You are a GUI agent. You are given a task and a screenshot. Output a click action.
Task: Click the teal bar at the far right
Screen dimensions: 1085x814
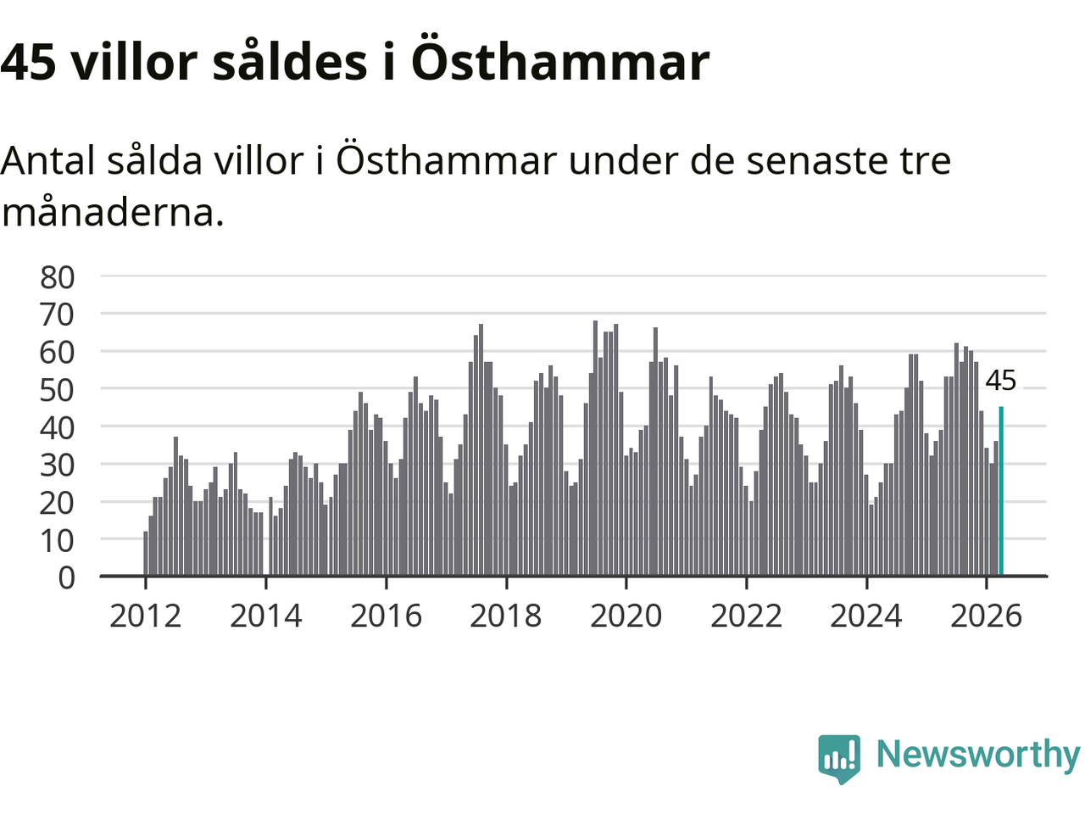[1001, 491]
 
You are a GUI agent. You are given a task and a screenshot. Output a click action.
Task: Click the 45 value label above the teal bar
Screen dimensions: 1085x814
[1000, 381]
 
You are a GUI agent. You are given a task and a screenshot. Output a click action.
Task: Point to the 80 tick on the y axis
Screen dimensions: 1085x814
[58, 277]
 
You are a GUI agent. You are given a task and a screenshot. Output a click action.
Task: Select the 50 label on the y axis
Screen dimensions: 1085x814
[58, 390]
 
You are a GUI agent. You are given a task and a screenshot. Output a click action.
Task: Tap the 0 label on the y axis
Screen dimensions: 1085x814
[67, 577]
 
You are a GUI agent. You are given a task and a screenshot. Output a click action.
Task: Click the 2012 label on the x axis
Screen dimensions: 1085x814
[145, 616]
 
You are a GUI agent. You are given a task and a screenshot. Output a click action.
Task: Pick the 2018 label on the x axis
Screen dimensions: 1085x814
[506, 616]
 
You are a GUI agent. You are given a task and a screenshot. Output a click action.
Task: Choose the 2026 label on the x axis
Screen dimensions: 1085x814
[986, 616]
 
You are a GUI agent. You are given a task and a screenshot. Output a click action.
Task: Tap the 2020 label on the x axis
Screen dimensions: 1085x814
[626, 616]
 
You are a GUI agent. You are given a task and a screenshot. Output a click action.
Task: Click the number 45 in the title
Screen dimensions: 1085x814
[28, 63]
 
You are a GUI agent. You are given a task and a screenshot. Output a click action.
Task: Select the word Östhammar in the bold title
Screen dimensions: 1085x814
[560, 59]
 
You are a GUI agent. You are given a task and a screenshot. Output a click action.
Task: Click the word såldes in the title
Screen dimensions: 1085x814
[290, 60]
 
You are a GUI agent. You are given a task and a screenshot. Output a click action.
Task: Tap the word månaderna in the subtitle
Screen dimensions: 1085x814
[113, 213]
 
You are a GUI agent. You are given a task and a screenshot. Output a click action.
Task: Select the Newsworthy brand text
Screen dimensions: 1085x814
[978, 755]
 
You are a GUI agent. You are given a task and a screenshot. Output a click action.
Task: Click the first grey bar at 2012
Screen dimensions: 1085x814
[145, 554]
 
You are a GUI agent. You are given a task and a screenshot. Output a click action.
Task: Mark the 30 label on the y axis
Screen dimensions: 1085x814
[58, 465]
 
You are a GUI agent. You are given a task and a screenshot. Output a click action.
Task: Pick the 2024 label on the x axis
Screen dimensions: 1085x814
[866, 616]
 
